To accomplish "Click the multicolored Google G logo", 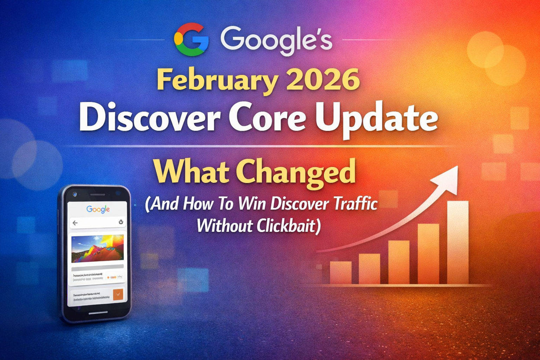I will [191, 39].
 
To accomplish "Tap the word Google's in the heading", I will [276, 39].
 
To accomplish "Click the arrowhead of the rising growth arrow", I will [448, 178].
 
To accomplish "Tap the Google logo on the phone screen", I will [98, 209].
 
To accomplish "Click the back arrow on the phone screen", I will [75, 223].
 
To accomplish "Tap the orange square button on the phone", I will [118, 294].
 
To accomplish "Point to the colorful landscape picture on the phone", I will [97, 249].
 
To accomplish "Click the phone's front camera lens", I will [74, 194].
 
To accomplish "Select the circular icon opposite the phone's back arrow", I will [121, 222].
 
